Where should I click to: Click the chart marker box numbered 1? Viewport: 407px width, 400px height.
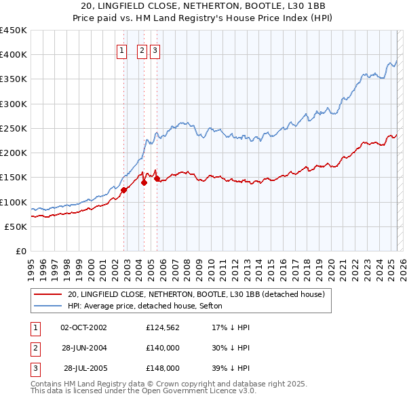pos(121,49)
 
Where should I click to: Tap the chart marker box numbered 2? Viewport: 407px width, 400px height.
pos(142,49)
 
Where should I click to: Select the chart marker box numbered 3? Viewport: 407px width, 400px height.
pos(155,49)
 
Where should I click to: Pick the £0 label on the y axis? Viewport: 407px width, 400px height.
pos(21,251)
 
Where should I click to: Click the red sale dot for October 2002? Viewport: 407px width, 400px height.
pos(124,191)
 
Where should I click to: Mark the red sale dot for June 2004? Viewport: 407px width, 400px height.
pos(144,182)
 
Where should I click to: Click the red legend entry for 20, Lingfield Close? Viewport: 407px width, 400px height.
pos(197,294)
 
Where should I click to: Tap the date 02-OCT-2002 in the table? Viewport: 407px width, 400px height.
pos(83,327)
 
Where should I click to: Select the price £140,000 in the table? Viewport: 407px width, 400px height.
pos(163,348)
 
